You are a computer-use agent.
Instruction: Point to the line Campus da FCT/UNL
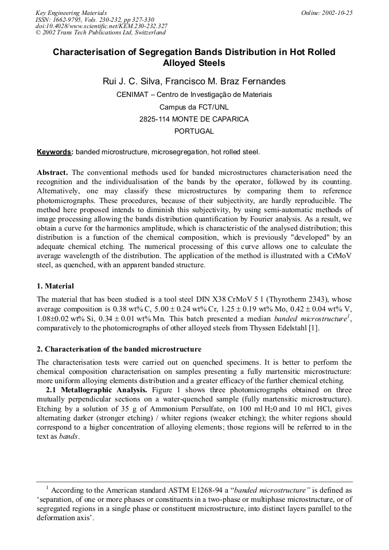(194, 107)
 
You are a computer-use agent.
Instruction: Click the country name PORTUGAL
(194, 131)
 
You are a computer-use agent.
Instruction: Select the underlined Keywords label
(55, 152)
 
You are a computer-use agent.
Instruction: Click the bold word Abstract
(53, 173)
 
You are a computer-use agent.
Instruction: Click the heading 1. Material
(55, 286)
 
